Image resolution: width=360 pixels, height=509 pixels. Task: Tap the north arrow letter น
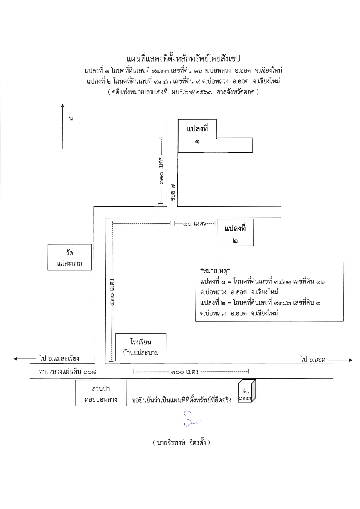[x=71, y=118]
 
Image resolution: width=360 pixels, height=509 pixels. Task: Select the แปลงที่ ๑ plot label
[x=197, y=135]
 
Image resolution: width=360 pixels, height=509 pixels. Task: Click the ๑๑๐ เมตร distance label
[x=161, y=171]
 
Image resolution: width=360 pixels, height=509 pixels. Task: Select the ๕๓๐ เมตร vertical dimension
[x=112, y=291]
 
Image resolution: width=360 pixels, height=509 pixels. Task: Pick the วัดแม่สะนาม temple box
[x=70, y=257]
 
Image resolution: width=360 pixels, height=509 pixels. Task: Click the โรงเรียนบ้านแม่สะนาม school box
[x=141, y=347]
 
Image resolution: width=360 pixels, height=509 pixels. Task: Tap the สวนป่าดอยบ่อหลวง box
[x=101, y=393]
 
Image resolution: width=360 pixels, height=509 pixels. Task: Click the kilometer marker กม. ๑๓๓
[x=246, y=391]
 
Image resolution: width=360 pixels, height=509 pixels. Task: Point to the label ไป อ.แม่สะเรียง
[x=59, y=358]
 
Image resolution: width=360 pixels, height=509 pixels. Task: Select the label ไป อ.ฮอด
[x=313, y=360]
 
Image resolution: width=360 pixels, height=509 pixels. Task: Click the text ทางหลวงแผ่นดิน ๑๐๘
[x=67, y=371]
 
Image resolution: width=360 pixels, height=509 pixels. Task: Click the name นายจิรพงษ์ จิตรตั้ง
[x=181, y=443]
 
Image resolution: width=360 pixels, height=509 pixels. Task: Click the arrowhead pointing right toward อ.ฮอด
[x=350, y=360]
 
